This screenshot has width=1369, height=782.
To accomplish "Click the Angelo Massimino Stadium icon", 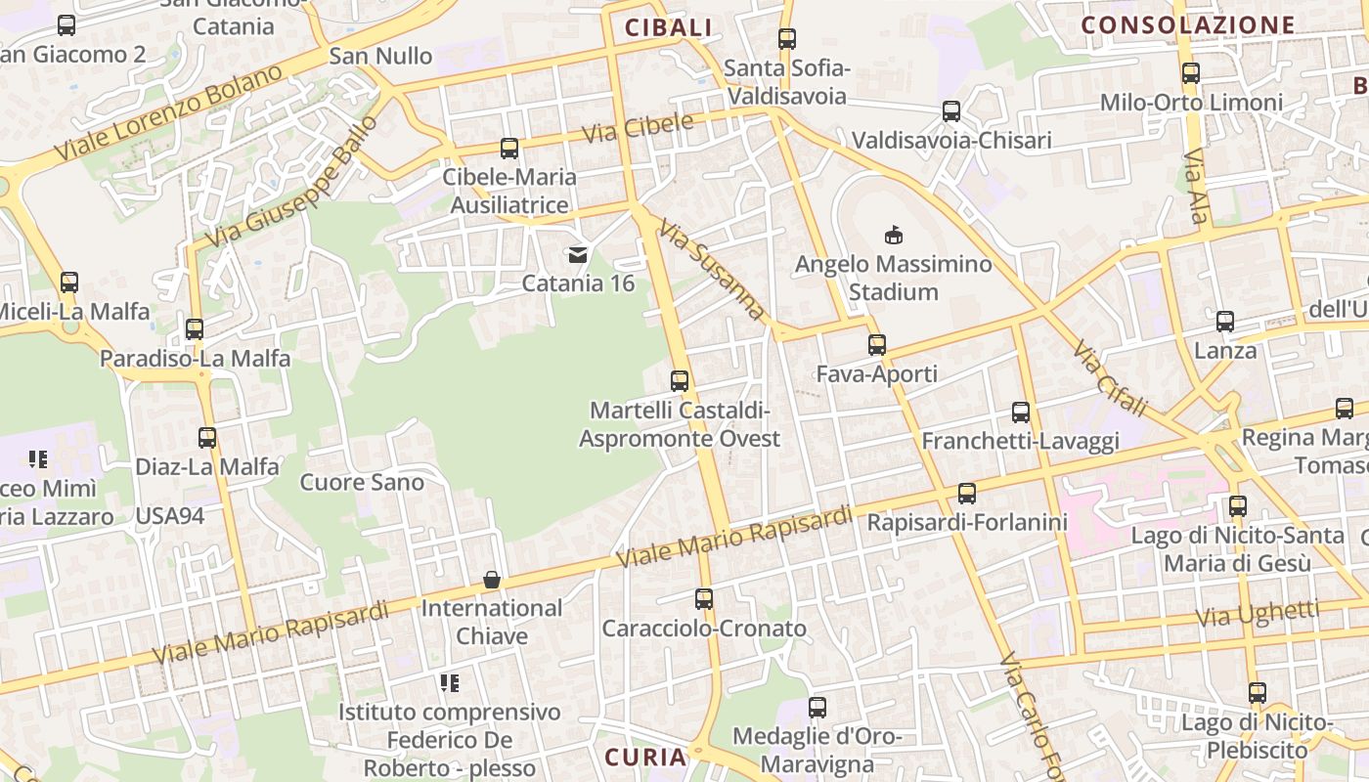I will (893, 235).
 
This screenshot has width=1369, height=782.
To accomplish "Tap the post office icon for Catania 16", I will (578, 255).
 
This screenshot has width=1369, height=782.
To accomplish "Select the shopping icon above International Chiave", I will (492, 580).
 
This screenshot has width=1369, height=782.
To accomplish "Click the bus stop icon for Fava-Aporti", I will (877, 344).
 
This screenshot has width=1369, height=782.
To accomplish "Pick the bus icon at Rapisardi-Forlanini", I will (967, 494).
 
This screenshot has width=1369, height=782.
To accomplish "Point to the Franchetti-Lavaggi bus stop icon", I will (1021, 413).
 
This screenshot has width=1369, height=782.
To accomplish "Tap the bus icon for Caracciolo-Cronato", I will (704, 599).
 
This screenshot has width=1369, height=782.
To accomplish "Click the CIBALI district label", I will (669, 28).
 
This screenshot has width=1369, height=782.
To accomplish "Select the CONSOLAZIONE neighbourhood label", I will (1188, 25).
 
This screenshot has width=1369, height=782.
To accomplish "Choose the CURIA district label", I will (645, 758).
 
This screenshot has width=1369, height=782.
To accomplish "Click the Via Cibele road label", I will (638, 129).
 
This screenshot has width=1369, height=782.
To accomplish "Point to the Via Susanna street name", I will (711, 270).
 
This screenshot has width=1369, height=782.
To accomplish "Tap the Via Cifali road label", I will (1109, 377).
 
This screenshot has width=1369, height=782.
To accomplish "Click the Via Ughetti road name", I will (1258, 615).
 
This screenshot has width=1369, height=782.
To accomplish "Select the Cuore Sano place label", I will (362, 482).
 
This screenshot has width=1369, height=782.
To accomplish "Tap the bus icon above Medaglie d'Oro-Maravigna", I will (817, 707).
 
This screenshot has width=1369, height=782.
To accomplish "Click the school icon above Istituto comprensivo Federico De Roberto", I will (449, 683).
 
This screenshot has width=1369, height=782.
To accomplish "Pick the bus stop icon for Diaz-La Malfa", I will (207, 438).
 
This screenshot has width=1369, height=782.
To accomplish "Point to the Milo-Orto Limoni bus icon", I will (1191, 73).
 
